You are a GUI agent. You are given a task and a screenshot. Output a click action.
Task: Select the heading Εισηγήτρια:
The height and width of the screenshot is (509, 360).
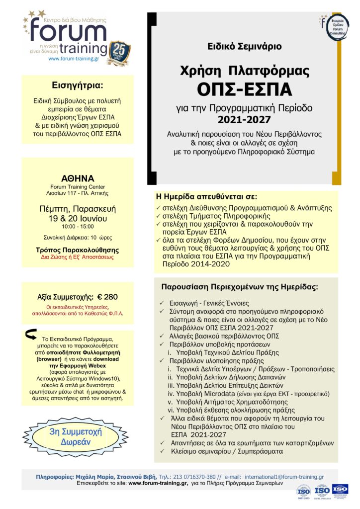(77, 83)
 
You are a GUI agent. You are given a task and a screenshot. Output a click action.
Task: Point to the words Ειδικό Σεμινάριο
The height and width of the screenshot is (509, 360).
(245, 46)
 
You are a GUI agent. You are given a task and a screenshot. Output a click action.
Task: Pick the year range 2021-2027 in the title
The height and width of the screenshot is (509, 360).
(245, 119)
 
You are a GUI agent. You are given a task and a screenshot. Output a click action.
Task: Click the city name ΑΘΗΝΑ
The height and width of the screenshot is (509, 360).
(78, 178)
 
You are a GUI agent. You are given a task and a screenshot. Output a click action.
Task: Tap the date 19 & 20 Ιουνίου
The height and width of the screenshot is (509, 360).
(78, 218)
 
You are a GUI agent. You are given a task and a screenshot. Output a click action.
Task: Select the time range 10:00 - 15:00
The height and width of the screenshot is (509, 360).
(78, 226)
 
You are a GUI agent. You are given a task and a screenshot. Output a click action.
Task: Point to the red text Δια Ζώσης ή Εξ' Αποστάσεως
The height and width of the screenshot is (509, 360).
(78, 257)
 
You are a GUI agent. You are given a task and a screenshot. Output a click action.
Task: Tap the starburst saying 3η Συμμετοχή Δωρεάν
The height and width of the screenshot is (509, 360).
(76, 436)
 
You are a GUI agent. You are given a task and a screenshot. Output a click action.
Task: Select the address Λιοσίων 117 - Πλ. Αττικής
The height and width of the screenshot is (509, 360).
(78, 193)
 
